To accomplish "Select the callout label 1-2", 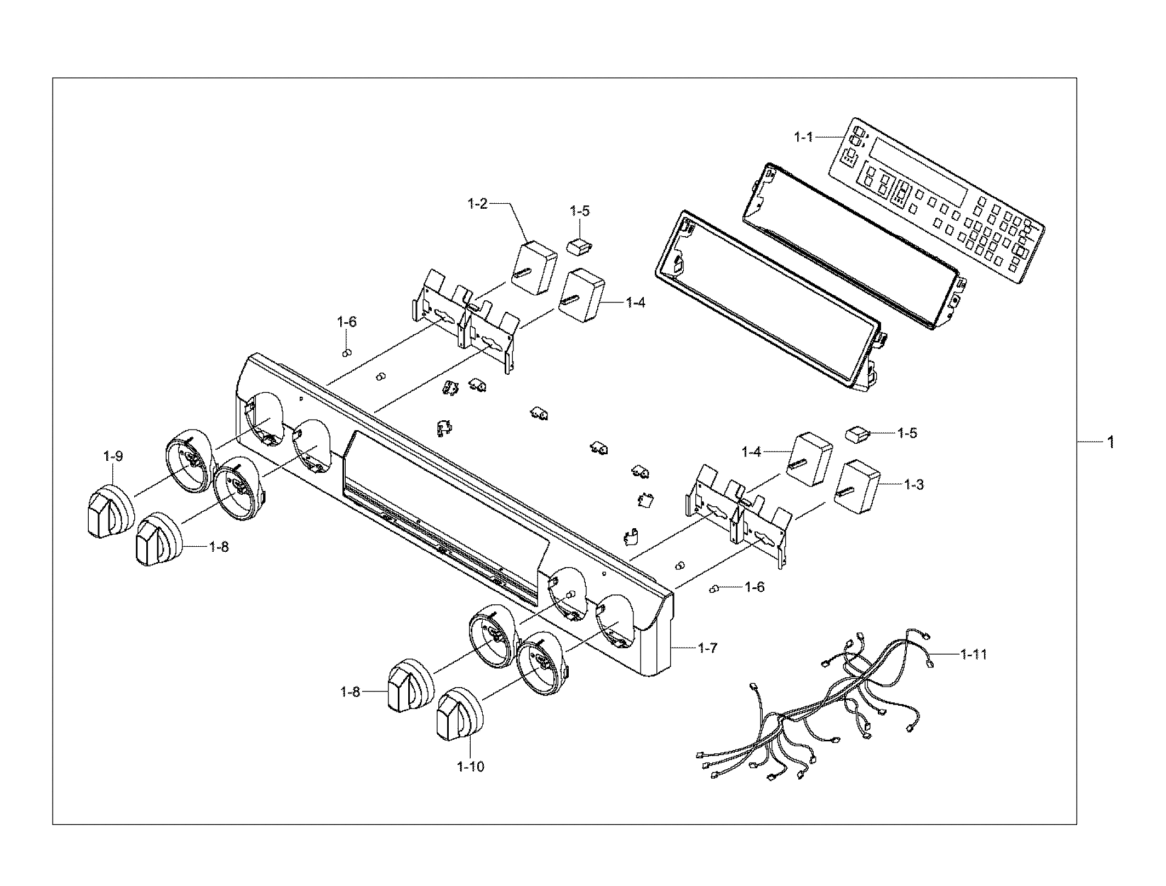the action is [477, 203].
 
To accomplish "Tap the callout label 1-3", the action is [914, 484].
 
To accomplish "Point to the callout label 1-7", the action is [707, 648].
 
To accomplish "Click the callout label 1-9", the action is [112, 455].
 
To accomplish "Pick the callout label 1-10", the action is [471, 767].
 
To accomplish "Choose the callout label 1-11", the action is [974, 654].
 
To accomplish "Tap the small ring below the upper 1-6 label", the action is [346, 352].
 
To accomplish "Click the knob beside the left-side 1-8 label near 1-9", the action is [159, 539].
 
